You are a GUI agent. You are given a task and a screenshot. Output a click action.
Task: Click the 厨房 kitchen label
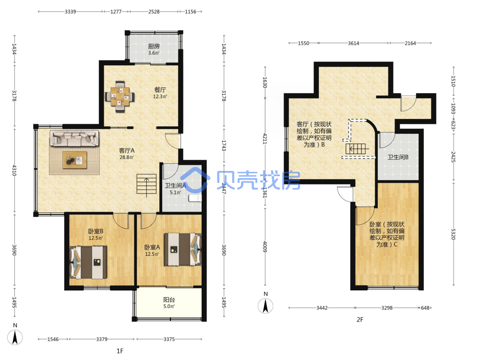(154, 46)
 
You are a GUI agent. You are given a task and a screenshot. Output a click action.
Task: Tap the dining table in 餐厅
(120, 96)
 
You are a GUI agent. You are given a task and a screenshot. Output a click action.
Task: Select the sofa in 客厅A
(74, 138)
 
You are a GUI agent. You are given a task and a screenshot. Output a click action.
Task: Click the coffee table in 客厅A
(75, 160)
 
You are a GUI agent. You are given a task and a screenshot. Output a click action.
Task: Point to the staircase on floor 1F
(146, 185)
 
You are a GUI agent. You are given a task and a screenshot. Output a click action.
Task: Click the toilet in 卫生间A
(195, 198)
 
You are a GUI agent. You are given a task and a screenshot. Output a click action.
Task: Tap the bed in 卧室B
(88, 263)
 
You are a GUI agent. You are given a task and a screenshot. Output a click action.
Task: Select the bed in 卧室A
(183, 250)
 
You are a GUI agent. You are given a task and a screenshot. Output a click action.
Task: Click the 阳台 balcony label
(169, 300)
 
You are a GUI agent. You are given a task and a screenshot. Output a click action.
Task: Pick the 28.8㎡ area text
(126, 157)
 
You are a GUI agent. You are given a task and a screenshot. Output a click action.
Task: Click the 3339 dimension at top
(71, 12)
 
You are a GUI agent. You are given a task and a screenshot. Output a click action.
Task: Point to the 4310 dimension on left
(14, 170)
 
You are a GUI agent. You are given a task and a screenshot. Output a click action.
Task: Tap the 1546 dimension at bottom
(53, 339)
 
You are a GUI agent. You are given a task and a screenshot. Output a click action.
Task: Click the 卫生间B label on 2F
(398, 157)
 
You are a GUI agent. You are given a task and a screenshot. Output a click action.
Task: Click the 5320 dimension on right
(453, 234)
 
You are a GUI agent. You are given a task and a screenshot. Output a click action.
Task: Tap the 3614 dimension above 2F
(353, 43)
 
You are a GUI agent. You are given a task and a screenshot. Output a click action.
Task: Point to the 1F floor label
(120, 351)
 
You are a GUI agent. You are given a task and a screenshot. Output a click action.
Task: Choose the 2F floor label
(360, 320)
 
